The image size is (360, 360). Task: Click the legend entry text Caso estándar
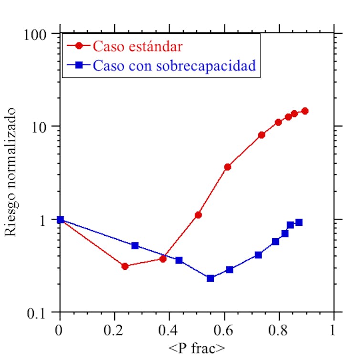tap(138, 46)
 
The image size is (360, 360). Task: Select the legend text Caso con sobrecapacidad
tap(174, 65)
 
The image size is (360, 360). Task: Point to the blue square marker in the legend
tap(79, 65)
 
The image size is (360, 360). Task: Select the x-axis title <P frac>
tap(197, 348)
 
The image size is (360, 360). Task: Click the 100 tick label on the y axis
tap(36, 35)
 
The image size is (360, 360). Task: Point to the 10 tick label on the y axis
tap(40, 127)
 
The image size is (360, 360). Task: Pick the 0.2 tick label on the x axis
tap(115, 330)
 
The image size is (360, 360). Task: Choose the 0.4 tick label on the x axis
tap(169, 330)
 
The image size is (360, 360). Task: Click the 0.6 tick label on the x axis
tap(224, 330)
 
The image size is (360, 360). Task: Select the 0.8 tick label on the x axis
tap(279, 330)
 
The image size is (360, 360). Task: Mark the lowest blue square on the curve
tap(210, 278)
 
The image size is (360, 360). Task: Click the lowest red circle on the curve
tap(125, 266)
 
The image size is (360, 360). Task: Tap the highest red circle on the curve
tap(305, 111)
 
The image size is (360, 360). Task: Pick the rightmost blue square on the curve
tap(299, 222)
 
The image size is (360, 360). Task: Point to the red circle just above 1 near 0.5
tap(198, 215)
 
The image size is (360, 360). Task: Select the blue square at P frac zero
tap(60, 220)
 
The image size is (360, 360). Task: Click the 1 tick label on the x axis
tap(333, 330)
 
